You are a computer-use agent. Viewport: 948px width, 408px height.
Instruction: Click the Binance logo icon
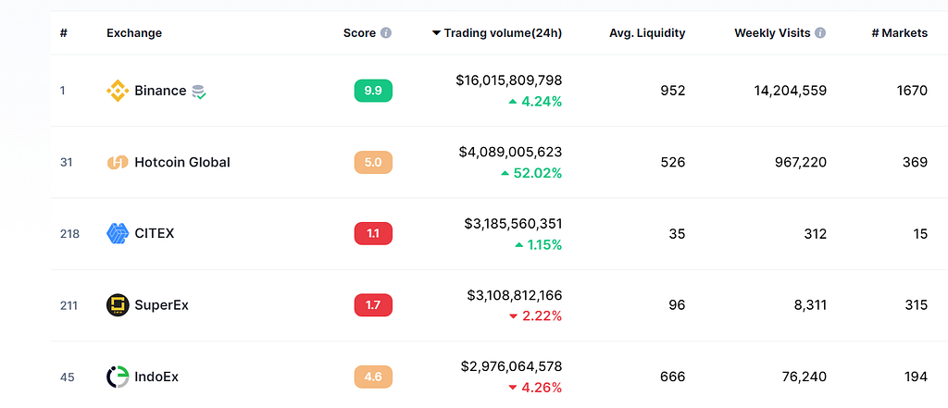pyautogui.click(x=118, y=91)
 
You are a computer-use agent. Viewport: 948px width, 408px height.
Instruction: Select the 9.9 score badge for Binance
pyautogui.click(x=373, y=91)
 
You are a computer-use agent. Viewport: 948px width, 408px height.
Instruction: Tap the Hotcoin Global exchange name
pyautogui.click(x=182, y=162)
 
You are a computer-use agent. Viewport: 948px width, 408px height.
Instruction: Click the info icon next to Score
pyautogui.click(x=386, y=33)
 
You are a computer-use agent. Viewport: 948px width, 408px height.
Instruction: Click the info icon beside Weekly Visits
pyautogui.click(x=820, y=33)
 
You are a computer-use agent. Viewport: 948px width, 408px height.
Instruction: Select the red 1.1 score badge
pyautogui.click(x=373, y=233)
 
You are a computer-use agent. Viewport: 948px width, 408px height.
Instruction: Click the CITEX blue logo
pyautogui.click(x=118, y=233)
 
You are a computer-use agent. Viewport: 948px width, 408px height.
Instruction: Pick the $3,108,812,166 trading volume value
pyautogui.click(x=515, y=295)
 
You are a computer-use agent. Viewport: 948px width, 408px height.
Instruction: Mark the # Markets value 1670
pyautogui.click(x=912, y=91)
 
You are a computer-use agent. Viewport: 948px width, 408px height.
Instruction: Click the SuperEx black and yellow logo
pyautogui.click(x=118, y=305)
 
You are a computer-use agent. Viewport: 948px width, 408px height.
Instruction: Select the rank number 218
pyautogui.click(x=69, y=233)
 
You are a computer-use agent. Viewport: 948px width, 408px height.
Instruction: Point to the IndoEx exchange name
pyautogui.click(x=156, y=377)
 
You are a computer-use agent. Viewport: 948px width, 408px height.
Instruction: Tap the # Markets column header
pyautogui.click(x=900, y=33)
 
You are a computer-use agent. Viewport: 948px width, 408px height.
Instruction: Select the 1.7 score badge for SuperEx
pyautogui.click(x=373, y=305)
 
